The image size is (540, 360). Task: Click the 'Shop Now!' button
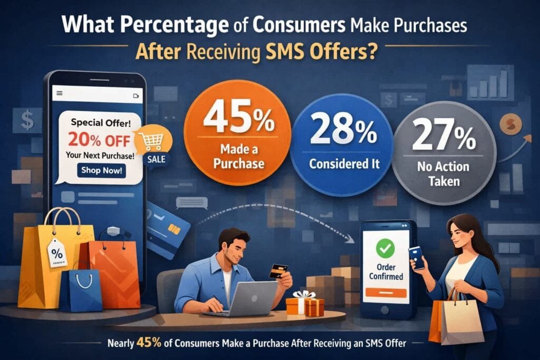(x=101, y=170)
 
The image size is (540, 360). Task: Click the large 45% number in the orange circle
(x=239, y=118)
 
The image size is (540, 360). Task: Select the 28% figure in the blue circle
(x=343, y=130)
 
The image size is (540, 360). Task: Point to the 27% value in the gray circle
(x=444, y=135)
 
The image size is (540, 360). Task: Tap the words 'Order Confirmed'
(x=386, y=272)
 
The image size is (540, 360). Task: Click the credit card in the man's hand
(x=278, y=271)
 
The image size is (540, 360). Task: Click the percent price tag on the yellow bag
(x=56, y=254)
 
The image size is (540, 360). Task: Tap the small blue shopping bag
(x=81, y=289)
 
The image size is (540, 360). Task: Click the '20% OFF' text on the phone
(x=99, y=140)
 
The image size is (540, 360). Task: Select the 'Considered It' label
(x=344, y=164)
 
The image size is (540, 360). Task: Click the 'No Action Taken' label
(x=443, y=174)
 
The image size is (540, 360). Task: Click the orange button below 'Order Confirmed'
(x=386, y=293)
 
